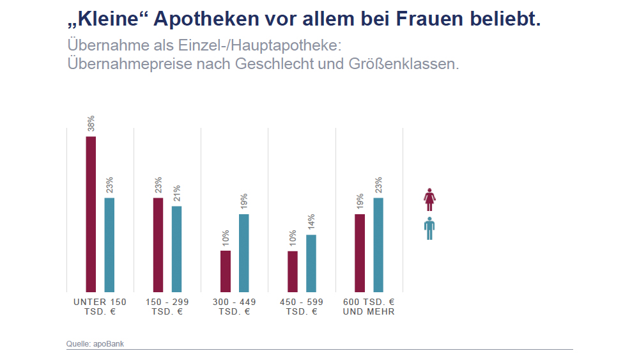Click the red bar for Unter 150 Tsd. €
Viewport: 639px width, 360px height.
91,214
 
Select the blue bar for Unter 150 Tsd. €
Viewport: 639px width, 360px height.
109,244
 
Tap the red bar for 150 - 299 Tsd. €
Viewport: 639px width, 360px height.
158,244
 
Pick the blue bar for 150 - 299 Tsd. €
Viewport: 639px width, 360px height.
176,248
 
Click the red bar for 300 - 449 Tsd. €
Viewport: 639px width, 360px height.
225,270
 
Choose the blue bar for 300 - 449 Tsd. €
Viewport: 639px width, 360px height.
243,253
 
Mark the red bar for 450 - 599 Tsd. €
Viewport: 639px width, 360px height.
292,271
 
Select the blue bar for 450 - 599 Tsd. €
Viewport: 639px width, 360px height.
311,263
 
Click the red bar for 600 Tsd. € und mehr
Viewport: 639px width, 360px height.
360,253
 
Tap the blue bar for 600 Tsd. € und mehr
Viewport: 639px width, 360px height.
378,244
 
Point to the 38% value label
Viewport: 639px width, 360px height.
91,123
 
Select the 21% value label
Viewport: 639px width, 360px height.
177,194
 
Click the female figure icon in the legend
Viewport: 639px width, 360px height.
429,200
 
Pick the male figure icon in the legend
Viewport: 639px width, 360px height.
429,228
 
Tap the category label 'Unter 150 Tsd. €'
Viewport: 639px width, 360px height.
100,307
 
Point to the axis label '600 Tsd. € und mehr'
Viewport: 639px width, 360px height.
369,307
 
